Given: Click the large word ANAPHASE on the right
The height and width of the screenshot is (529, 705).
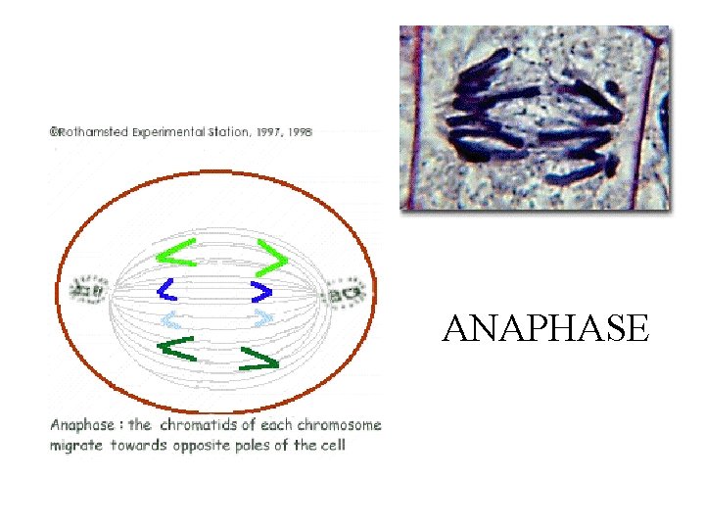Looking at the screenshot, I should (x=544, y=329).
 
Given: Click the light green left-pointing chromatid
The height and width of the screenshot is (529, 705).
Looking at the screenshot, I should (x=176, y=252).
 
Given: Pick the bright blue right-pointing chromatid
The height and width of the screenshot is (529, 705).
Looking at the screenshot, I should (x=261, y=291).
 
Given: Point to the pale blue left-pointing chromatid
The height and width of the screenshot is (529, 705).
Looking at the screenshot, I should (x=171, y=318).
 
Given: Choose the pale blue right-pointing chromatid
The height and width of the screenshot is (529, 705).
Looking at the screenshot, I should (x=262, y=317).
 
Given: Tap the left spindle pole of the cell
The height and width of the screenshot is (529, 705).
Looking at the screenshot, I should (x=93, y=291).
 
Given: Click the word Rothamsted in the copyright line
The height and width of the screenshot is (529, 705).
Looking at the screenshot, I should (x=94, y=132).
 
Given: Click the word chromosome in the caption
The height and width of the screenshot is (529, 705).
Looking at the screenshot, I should (x=339, y=426).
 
